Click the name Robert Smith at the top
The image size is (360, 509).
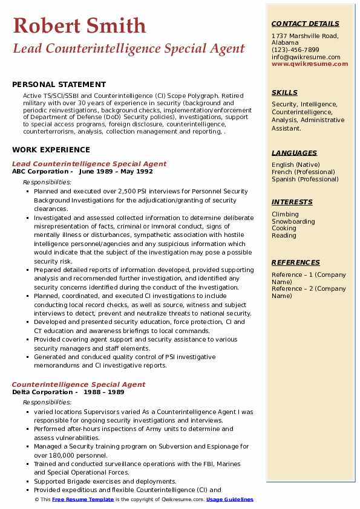79,25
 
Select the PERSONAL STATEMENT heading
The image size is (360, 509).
59,85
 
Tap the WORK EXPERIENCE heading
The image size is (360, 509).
51,150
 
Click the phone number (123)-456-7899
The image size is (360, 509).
295,50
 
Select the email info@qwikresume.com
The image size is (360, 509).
306,57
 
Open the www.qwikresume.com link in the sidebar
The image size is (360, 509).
306,64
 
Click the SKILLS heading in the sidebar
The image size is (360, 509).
284,92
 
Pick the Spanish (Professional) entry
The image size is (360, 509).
306,179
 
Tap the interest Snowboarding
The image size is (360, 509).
293,221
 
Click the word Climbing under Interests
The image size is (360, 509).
285,214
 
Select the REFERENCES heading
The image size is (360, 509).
295,262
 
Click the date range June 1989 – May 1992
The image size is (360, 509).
116,171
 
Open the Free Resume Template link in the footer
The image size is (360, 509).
83,499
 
